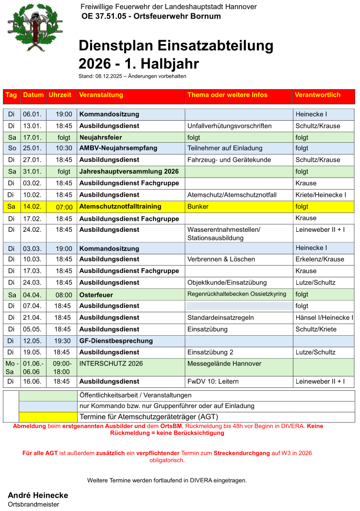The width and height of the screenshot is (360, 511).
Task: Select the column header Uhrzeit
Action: tap(60, 95)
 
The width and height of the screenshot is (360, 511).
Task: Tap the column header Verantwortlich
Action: tap(317, 95)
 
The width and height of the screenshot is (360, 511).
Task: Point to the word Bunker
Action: tap(198, 206)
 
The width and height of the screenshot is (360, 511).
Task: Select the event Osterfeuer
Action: tap(96, 295)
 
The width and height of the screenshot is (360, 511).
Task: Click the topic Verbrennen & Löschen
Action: tap(221, 259)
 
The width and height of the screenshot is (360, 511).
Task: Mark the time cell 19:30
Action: tap(64, 341)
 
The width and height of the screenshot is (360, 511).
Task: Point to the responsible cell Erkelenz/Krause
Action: tap(320, 259)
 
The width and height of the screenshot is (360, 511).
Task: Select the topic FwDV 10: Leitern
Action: tap(213, 381)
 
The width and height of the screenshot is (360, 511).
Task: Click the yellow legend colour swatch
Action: tap(48, 417)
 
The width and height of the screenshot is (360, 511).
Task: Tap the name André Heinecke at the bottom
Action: tap(38, 495)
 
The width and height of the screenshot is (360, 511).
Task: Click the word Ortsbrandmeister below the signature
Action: tap(33, 504)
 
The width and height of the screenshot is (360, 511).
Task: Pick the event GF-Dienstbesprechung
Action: tap(116, 341)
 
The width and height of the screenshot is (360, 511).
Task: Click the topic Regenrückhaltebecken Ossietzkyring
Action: tap(236, 294)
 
